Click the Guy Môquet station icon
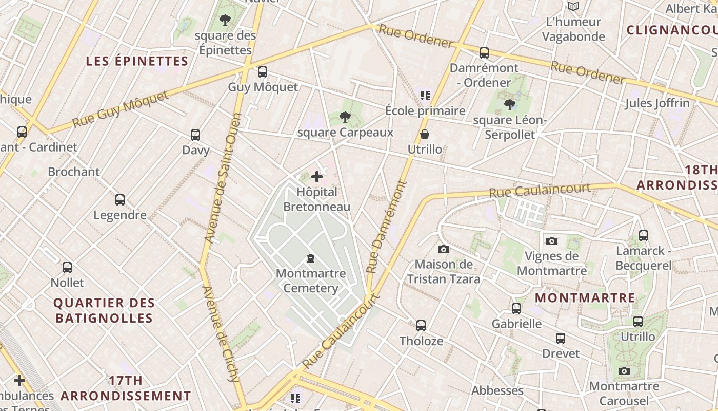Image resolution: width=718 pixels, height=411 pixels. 263,72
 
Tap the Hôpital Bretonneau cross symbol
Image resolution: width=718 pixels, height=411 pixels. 317,177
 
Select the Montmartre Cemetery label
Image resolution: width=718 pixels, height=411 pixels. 311,281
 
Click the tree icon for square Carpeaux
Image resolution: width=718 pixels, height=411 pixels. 345,118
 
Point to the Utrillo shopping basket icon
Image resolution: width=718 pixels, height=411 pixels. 425,135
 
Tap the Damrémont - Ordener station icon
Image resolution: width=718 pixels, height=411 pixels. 484,53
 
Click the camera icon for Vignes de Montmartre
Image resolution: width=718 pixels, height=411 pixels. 552,241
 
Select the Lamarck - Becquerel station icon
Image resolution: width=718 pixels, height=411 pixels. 644,236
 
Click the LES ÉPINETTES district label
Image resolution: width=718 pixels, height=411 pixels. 137,61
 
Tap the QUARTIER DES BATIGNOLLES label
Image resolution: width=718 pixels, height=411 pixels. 104,311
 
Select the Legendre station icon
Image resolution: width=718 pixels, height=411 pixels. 120,200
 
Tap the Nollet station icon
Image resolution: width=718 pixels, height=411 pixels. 67,268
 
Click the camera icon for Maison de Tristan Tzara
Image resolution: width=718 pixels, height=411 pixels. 444,250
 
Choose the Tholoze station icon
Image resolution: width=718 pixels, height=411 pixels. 421,326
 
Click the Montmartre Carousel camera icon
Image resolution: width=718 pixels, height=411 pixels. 624,371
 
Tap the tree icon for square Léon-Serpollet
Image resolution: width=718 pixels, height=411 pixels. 509,105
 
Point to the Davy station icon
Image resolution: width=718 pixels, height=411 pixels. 195,135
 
